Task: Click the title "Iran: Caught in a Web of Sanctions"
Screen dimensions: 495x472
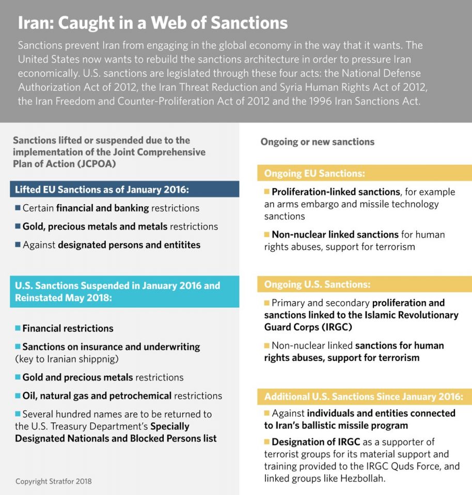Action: coord(153,23)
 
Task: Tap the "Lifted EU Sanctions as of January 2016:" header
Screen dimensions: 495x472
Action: coord(102,189)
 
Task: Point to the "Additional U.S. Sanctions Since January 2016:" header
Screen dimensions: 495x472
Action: coord(364,397)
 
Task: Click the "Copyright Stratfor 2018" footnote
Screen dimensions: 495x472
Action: coord(54,482)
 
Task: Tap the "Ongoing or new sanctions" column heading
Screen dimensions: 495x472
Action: coord(317,141)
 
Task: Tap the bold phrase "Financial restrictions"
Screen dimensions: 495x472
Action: coord(68,328)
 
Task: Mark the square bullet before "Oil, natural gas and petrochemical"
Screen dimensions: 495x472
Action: coord(18,395)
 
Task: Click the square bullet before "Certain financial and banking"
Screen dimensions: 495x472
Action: coord(18,208)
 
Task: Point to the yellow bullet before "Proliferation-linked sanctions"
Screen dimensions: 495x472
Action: coord(267,191)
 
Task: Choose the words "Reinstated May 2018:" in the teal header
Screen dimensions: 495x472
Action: coord(57,298)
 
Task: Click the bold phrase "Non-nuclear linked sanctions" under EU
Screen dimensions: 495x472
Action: coord(335,235)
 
